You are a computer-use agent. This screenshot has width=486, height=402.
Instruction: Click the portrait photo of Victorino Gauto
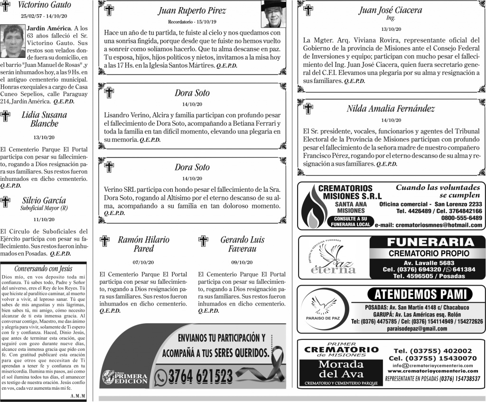tap(13, 40)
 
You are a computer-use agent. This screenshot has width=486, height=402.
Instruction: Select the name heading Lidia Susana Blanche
tap(44, 119)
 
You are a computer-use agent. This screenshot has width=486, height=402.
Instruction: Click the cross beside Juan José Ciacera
tap(308, 10)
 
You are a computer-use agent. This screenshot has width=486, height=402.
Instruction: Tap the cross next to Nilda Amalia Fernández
tap(308, 109)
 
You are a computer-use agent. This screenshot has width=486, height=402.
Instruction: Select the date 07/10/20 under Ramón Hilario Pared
tap(143, 262)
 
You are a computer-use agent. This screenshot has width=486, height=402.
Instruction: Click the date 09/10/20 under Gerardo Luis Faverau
tap(242, 262)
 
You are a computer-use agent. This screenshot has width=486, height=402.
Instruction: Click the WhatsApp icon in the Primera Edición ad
tap(160, 377)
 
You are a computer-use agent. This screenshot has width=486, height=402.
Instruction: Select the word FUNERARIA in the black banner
tap(430, 242)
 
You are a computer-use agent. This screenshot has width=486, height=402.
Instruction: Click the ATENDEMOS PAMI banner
tap(423, 294)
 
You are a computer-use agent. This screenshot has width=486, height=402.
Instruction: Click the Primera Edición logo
tap(124, 377)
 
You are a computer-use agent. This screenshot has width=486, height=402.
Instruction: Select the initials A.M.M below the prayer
tap(77, 396)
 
